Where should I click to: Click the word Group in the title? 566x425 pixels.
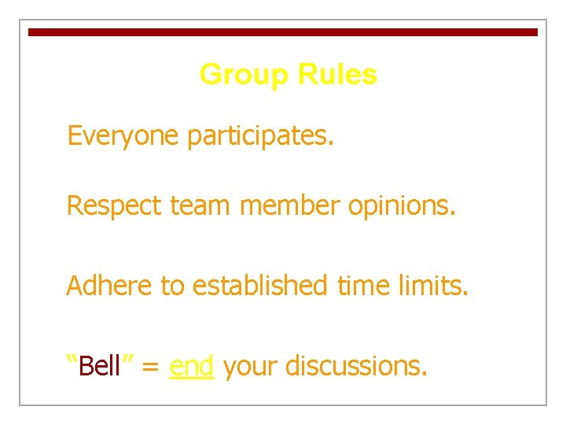(243, 76)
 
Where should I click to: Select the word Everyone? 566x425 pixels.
(123, 137)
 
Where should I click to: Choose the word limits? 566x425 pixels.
(435, 285)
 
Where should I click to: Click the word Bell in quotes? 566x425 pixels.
(101, 366)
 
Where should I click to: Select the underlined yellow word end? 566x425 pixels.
(191, 366)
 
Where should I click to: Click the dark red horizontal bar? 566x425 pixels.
(283, 32)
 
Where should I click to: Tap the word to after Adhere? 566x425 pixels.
(171, 286)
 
